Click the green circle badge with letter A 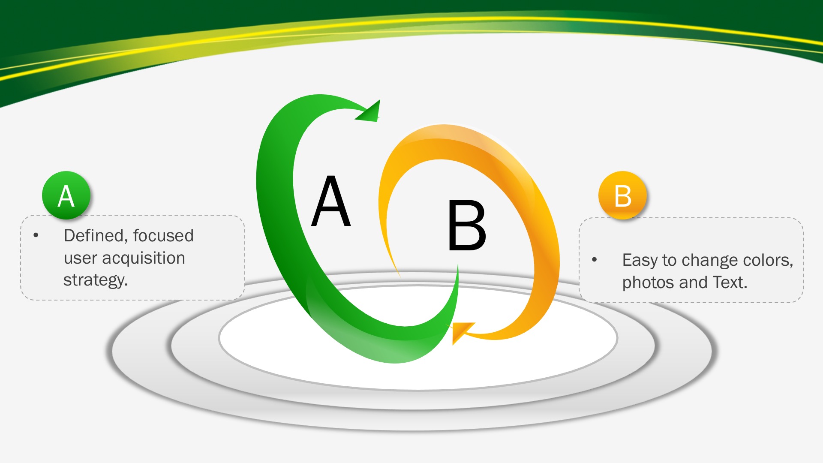[x=66, y=195]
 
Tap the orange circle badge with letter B [x=622, y=195]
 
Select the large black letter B [x=467, y=225]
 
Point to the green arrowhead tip [x=380, y=100]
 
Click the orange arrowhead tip [x=453, y=344]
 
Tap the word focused [x=163, y=235]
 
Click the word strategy [x=96, y=280]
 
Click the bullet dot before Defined [x=36, y=235]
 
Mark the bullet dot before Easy [x=595, y=259]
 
